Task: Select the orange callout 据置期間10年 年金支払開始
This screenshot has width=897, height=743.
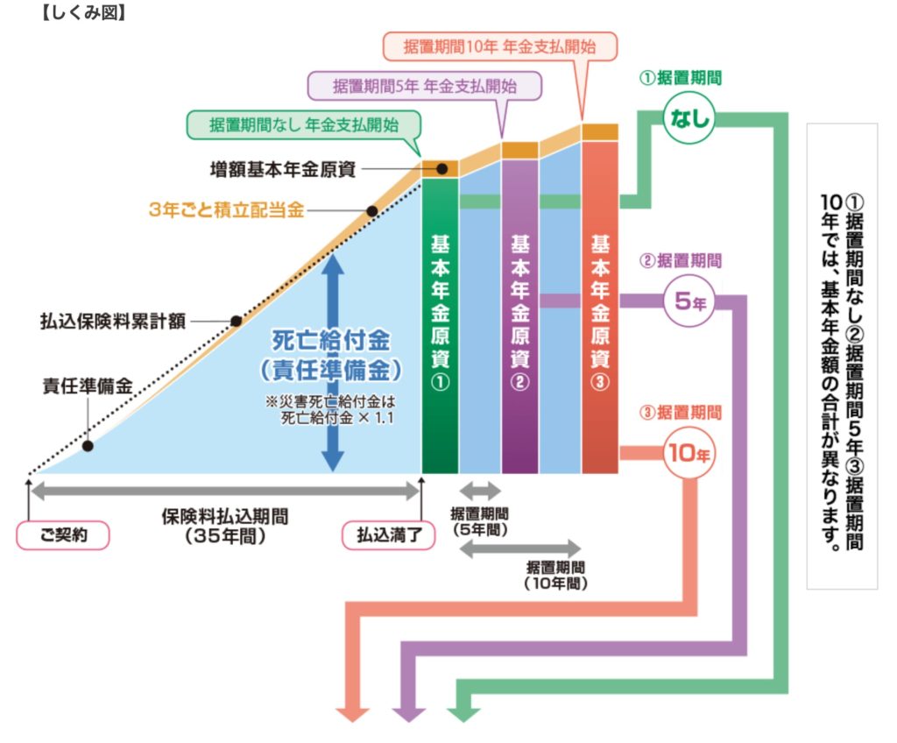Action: pos(500,46)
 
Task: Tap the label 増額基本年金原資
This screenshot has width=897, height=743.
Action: pos(283,168)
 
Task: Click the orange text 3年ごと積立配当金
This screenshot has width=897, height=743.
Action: pos(226,210)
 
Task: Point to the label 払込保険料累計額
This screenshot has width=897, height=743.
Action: pos(113,321)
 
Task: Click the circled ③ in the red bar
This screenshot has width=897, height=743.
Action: pos(599,386)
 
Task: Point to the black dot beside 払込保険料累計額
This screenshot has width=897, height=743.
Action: pos(236,321)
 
